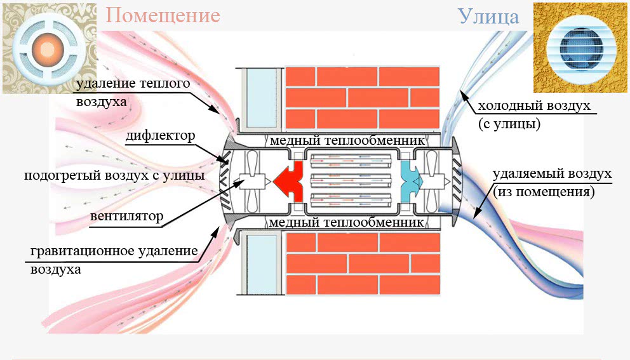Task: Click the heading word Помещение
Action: [163, 15]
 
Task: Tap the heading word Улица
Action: [488, 16]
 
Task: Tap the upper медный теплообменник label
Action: [346, 140]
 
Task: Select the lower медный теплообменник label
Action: [346, 223]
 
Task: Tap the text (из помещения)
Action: [543, 191]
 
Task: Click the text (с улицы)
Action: [509, 124]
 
